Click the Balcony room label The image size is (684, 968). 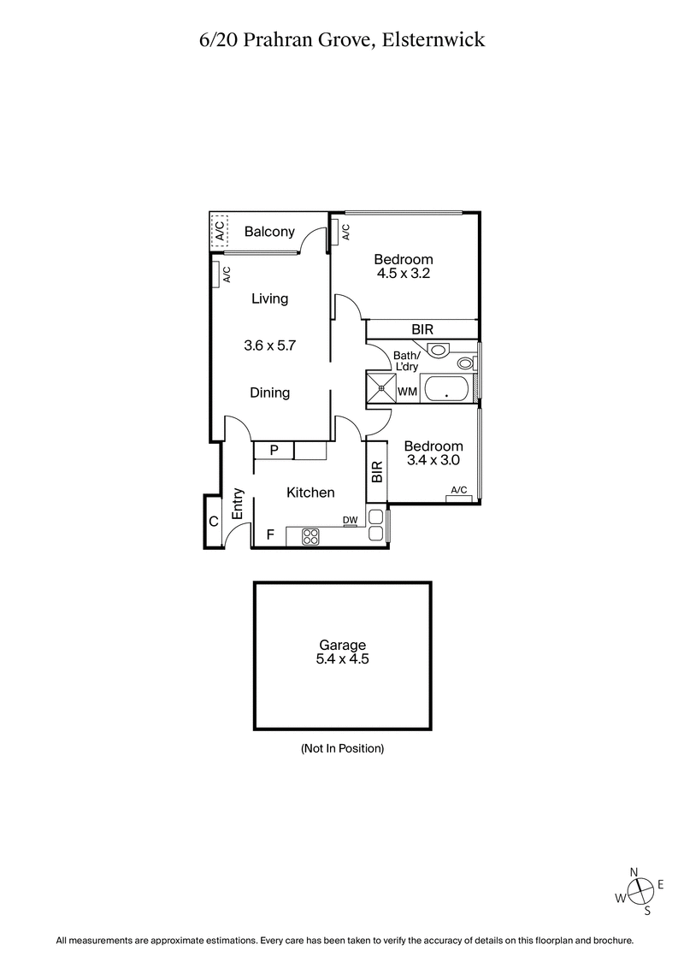[x=269, y=231]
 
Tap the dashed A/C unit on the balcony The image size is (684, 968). [x=219, y=230]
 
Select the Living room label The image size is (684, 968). [x=269, y=298]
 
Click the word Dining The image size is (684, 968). [x=269, y=393]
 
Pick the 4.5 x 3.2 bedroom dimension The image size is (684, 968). [x=404, y=274]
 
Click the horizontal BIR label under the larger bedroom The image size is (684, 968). [x=422, y=329]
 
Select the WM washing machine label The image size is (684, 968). [x=408, y=392]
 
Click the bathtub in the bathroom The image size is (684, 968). [x=447, y=389]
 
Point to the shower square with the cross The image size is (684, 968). [x=380, y=387]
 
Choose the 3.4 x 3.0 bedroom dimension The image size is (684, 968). [x=433, y=460]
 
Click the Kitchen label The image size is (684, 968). [x=310, y=493]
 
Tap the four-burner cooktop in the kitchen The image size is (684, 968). [x=310, y=537]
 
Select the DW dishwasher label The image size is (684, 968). [x=350, y=520]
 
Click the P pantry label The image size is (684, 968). [x=274, y=450]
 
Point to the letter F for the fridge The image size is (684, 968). [x=270, y=535]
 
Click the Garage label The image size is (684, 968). [x=342, y=646]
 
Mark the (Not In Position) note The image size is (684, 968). [x=342, y=748]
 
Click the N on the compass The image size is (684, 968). [x=634, y=871]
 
